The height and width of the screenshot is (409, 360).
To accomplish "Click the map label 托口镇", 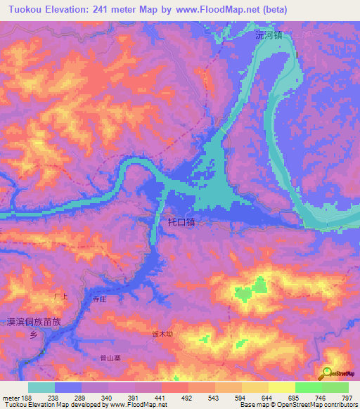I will (x=181, y=222).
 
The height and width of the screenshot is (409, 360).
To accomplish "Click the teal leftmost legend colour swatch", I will (x=41, y=387).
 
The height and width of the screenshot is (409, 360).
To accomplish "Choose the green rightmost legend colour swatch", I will (x=335, y=387).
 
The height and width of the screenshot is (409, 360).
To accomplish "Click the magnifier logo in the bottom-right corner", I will (x=326, y=372).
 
